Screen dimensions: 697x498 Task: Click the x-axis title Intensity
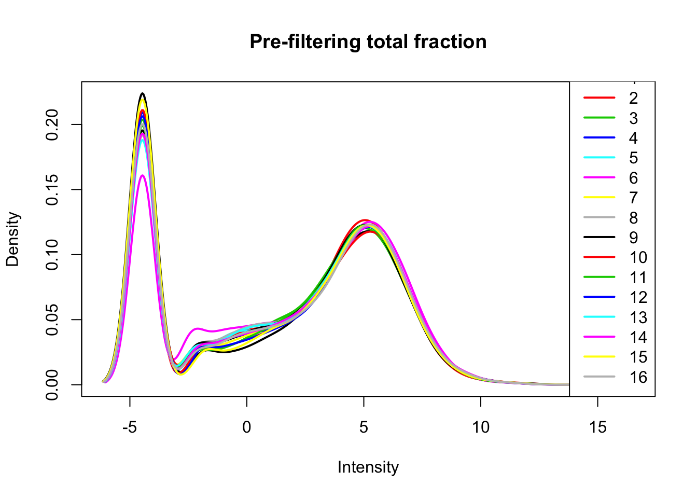368,467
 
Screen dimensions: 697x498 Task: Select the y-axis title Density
13,239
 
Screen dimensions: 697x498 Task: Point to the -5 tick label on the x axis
130,427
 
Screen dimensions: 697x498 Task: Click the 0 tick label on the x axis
246,427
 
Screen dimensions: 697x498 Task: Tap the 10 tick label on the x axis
481,427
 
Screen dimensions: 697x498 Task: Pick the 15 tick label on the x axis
598,427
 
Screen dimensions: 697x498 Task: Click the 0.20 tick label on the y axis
52,125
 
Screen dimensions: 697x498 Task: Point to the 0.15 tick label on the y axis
52,189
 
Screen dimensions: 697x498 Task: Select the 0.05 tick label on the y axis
52,320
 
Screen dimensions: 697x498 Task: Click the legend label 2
634,98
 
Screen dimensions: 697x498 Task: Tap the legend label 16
638,377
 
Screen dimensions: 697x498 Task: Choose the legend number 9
634,238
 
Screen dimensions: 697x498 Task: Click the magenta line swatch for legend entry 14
600,337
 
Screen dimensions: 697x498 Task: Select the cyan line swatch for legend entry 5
600,158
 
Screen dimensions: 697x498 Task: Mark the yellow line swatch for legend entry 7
600,197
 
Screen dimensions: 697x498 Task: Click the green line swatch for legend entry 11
600,277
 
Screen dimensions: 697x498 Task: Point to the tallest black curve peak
143,93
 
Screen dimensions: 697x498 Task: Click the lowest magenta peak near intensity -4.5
143,175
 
